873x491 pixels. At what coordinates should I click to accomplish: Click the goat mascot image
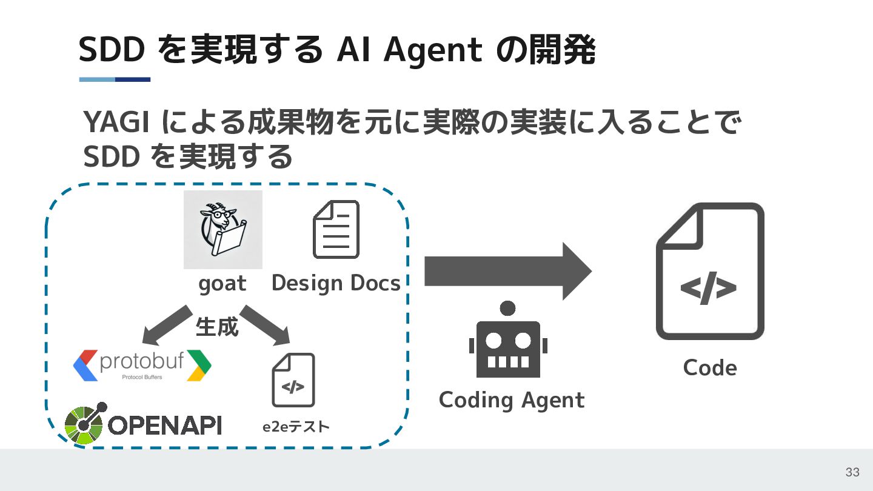point(222,229)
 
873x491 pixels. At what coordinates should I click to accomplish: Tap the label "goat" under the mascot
point(222,284)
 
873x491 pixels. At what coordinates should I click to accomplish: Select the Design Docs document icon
point(336,229)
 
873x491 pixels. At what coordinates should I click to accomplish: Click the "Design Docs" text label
point(336,283)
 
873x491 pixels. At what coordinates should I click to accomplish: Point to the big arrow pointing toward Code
point(507,271)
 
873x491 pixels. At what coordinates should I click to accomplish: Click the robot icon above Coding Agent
point(508,340)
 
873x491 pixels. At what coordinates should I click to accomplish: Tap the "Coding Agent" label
point(512,400)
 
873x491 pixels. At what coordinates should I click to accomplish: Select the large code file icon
point(710,271)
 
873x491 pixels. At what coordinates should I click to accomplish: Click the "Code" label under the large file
point(710,368)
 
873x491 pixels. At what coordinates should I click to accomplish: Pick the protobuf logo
point(142,365)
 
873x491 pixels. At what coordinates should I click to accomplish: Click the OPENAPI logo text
point(165,425)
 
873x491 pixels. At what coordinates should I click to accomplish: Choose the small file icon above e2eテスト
point(293,380)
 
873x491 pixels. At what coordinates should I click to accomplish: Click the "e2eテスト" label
point(296,427)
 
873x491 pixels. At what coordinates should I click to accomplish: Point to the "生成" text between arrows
point(216,327)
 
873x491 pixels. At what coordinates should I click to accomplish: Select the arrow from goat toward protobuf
point(166,324)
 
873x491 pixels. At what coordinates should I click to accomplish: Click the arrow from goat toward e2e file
point(266,324)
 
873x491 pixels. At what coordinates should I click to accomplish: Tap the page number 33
point(852,472)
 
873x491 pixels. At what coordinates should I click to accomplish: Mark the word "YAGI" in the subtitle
point(116,124)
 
